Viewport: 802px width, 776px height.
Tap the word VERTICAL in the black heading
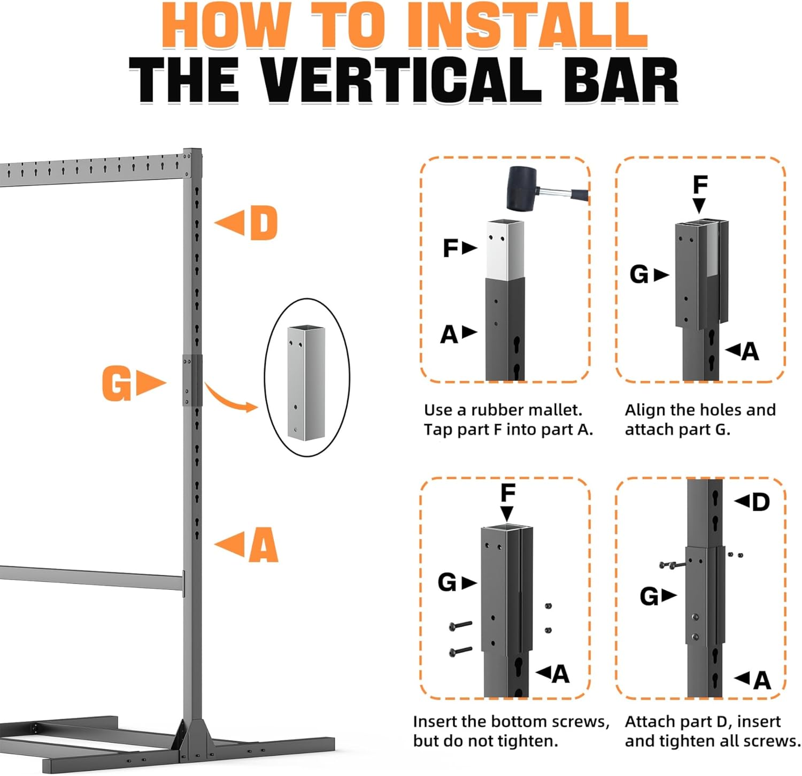402,80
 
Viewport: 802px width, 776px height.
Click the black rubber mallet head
521,188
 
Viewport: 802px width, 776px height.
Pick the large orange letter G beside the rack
117,383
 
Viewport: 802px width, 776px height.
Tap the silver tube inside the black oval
306,383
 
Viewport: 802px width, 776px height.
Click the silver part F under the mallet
505,249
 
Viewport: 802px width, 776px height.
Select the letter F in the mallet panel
451,248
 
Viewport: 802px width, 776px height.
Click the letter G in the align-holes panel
639,275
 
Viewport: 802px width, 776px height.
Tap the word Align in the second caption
645,410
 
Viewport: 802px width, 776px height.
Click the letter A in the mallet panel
449,335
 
